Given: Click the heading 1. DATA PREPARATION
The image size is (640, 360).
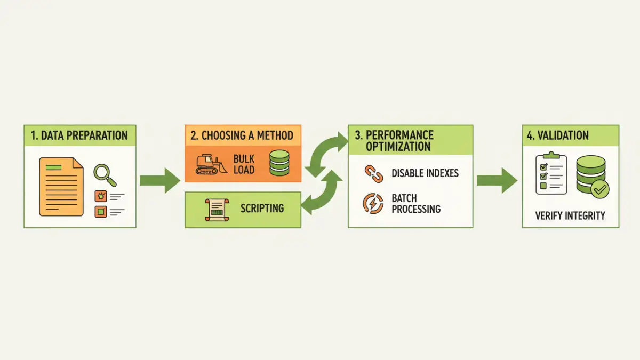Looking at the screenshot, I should click(x=79, y=135).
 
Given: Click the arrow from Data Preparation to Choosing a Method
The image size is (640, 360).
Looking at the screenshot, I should click(x=160, y=180).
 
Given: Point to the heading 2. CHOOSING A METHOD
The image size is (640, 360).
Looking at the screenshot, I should click(x=242, y=135).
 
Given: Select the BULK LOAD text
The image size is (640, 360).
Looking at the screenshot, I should click(x=244, y=164).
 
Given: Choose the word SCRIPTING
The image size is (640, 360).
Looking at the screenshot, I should click(x=262, y=208).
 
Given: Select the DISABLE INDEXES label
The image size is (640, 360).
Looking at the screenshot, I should click(x=425, y=173).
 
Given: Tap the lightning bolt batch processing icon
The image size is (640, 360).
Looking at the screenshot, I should click(x=372, y=204).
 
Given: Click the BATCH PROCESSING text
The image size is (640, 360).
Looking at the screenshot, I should click(x=416, y=204).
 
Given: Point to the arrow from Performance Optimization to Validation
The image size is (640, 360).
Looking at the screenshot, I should click(x=497, y=180).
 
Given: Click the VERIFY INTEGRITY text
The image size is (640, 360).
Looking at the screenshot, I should click(x=570, y=215).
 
